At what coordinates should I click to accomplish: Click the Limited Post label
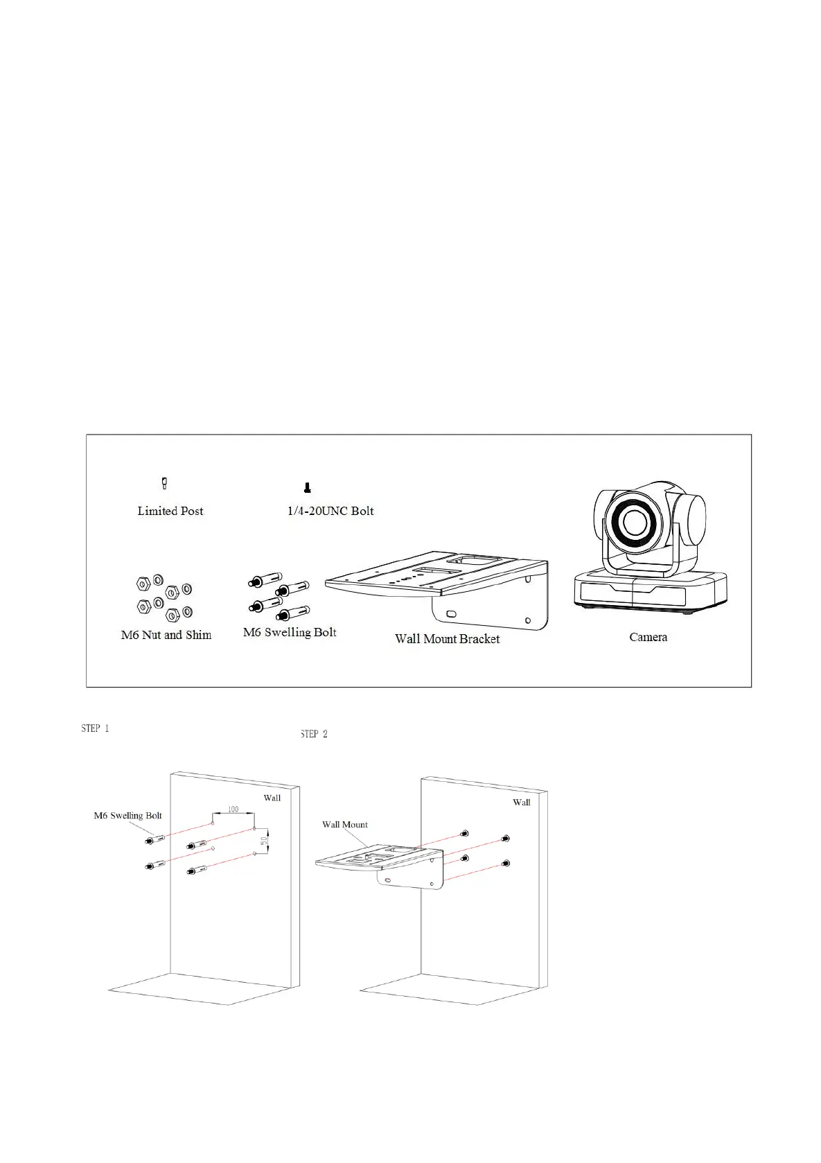pyautogui.click(x=170, y=511)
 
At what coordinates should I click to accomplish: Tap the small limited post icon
pyautogui.click(x=164, y=483)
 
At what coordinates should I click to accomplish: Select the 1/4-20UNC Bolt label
pyautogui.click(x=330, y=511)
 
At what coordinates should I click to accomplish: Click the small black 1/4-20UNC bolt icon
pyautogui.click(x=308, y=488)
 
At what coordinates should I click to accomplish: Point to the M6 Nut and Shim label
pyautogui.click(x=166, y=635)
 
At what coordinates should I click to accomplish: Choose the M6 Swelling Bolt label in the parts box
pyautogui.click(x=290, y=632)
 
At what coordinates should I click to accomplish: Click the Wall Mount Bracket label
pyautogui.click(x=447, y=639)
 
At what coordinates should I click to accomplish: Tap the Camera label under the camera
pyautogui.click(x=648, y=637)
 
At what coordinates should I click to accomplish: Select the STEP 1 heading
pyautogui.click(x=95, y=728)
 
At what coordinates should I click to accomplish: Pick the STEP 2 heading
pyautogui.click(x=314, y=734)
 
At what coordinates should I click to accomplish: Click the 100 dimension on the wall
pyautogui.click(x=233, y=810)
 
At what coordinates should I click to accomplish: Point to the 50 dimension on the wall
pyautogui.click(x=264, y=839)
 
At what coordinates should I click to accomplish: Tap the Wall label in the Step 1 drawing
pyautogui.click(x=272, y=798)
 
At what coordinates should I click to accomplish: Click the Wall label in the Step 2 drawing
pyautogui.click(x=522, y=802)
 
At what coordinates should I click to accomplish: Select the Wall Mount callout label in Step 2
pyautogui.click(x=345, y=825)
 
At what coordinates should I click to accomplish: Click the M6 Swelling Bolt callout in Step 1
pyautogui.click(x=128, y=816)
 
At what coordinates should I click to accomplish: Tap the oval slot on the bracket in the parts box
pyautogui.click(x=451, y=614)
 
